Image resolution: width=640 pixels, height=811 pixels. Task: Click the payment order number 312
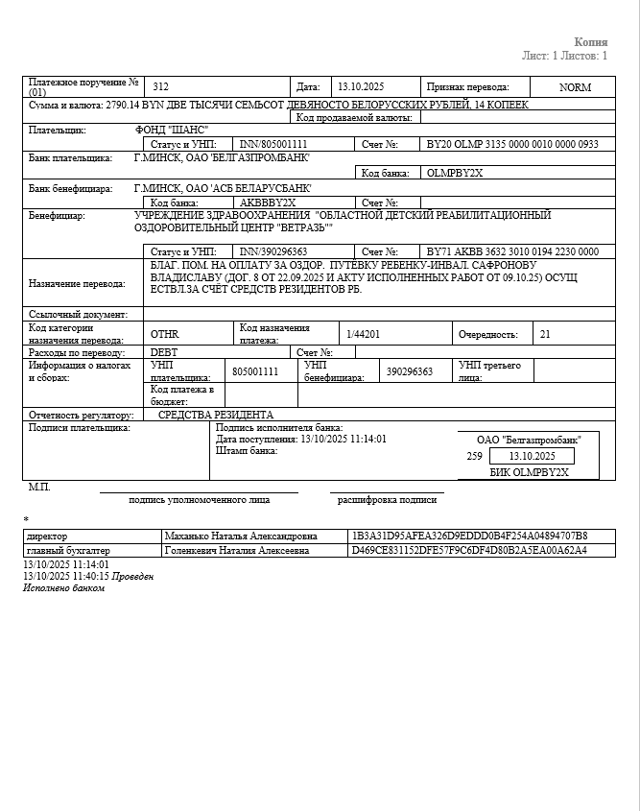tap(161, 86)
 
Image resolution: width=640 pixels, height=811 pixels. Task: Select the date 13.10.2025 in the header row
tap(361, 86)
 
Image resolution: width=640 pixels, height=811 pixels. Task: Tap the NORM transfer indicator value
tap(575, 86)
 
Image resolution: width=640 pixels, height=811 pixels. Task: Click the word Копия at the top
tap(591, 42)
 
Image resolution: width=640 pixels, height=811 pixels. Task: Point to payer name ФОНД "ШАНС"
tap(173, 130)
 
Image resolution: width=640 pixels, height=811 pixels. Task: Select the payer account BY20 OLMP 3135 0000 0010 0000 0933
tap(512, 144)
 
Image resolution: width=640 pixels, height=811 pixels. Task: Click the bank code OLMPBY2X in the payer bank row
tap(456, 173)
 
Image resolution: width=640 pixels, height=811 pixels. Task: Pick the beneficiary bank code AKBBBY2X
tap(268, 203)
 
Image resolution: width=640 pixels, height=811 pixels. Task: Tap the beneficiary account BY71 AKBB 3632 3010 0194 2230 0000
tap(512, 251)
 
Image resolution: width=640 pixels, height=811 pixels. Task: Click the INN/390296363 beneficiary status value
tap(273, 251)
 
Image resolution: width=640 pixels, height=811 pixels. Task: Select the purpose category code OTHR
tap(165, 334)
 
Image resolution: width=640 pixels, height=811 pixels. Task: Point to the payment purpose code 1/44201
tap(364, 333)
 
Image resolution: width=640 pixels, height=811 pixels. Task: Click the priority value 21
tap(546, 334)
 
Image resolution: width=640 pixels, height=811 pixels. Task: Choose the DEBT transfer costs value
tap(164, 352)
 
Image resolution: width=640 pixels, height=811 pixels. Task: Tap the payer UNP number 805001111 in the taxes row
tap(255, 370)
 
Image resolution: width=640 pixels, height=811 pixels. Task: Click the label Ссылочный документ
tap(78, 314)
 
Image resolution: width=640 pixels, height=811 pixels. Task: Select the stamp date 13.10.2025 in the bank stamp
tap(533, 456)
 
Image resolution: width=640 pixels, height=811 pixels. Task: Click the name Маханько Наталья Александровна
tap(242, 536)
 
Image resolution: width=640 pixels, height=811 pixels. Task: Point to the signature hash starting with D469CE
tap(470, 551)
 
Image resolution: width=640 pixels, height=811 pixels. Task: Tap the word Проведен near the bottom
tap(131, 576)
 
